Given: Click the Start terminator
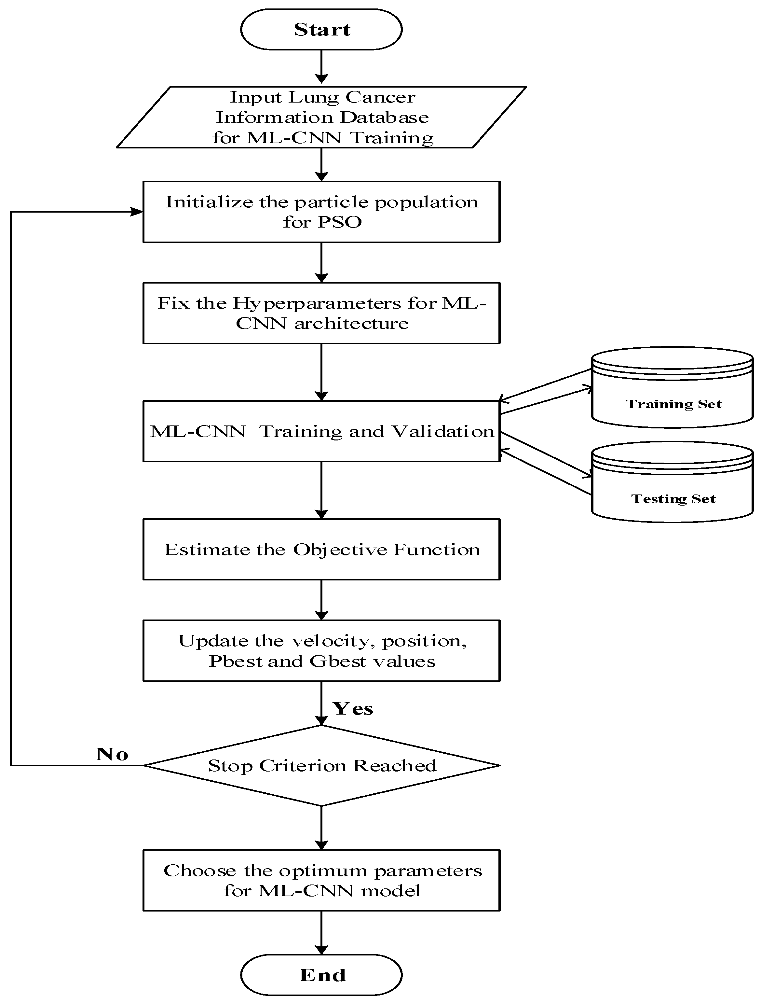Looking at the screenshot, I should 321,30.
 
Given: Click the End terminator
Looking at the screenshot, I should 321,975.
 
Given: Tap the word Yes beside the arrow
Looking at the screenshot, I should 353,709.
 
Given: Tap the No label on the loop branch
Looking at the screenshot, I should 112,754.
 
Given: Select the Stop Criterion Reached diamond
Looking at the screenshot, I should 321,765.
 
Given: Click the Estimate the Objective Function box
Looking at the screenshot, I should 321,549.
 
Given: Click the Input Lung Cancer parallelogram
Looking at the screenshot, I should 321,117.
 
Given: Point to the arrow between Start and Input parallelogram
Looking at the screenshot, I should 321,67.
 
